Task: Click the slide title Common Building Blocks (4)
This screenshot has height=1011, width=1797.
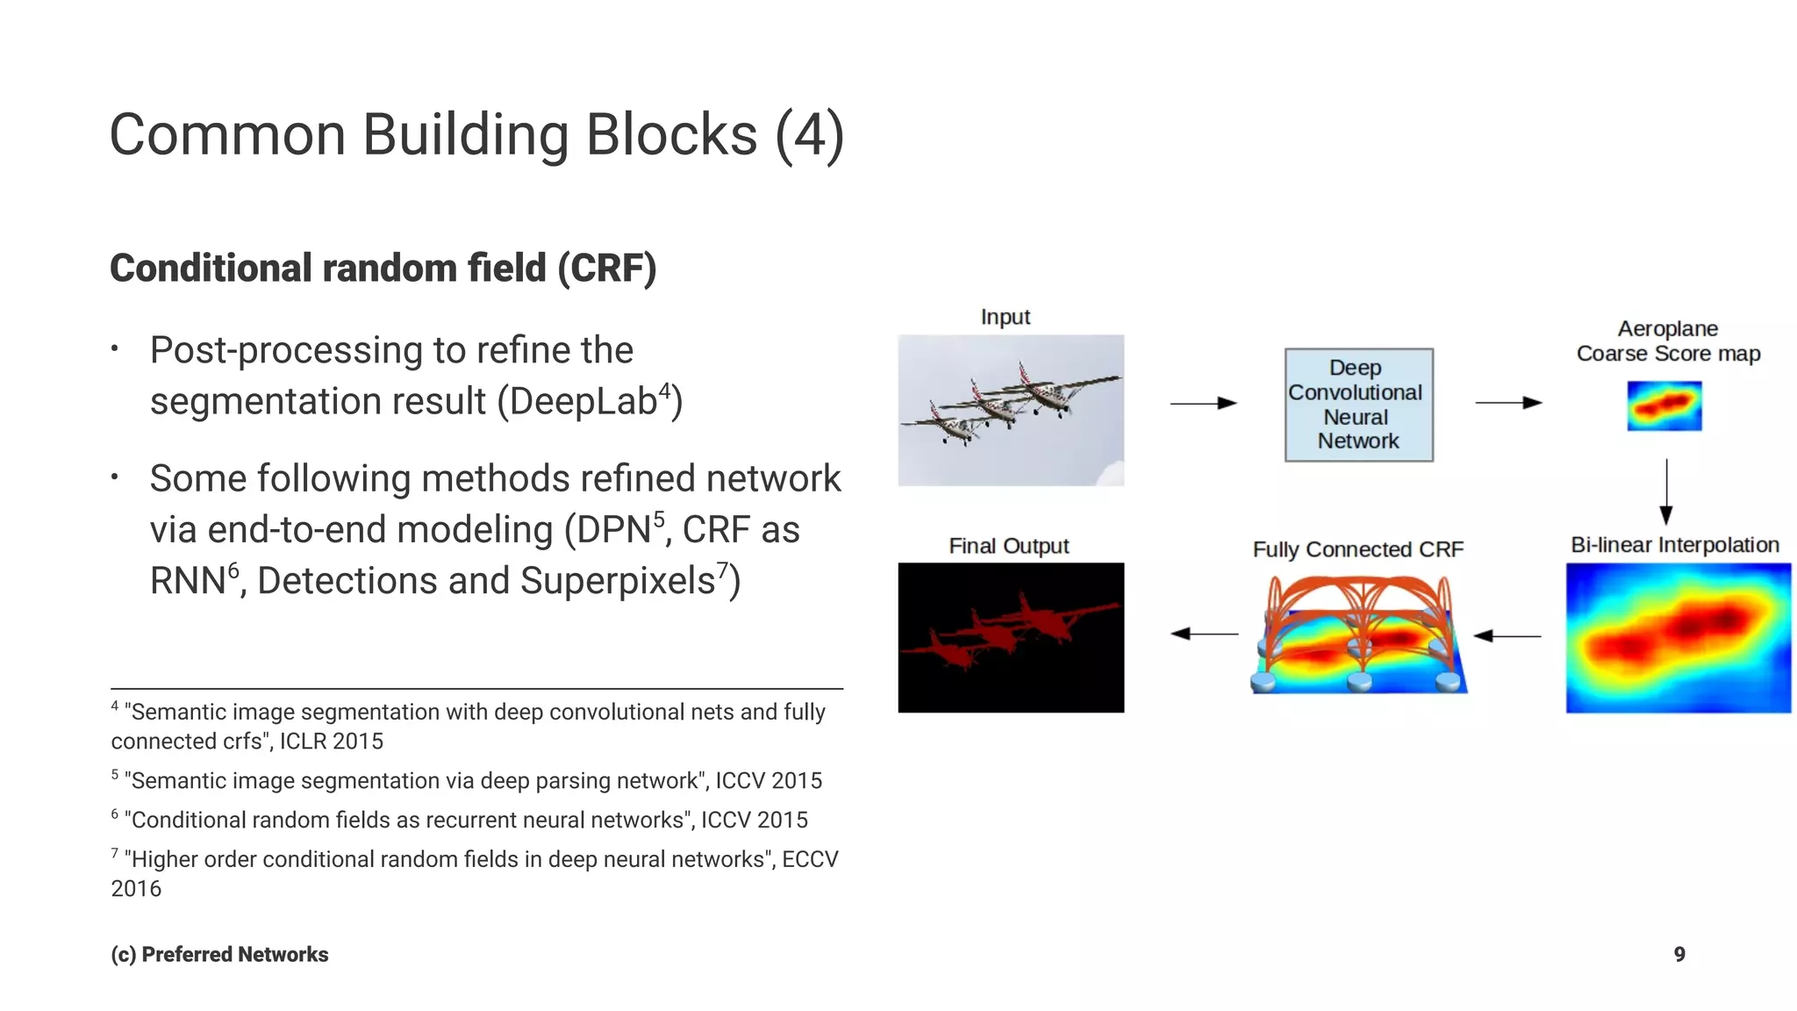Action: tap(476, 135)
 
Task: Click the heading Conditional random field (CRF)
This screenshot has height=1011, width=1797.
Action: tap(383, 269)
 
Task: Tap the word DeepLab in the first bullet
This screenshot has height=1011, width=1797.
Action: tap(582, 402)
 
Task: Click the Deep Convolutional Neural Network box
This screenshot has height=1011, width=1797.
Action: tap(1358, 405)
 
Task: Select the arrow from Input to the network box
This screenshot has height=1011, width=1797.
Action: tap(1203, 403)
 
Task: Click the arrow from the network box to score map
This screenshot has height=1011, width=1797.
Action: tap(1508, 403)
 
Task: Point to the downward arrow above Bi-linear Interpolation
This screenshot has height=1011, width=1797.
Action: tap(1666, 491)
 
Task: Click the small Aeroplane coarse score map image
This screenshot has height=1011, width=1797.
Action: tap(1664, 405)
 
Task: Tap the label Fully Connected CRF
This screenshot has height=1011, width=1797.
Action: tap(1357, 549)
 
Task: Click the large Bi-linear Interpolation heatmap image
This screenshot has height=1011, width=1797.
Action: tap(1678, 638)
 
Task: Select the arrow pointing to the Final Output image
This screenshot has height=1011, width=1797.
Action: tap(1204, 634)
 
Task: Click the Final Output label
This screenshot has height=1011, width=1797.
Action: tap(1009, 546)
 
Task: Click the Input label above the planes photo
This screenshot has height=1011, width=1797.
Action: tap(1005, 317)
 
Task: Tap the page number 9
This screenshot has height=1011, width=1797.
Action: tap(1679, 954)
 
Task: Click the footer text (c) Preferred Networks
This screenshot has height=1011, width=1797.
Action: tap(219, 954)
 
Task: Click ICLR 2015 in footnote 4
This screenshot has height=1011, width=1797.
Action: tap(331, 742)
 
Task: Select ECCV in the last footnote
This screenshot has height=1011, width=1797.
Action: tap(809, 859)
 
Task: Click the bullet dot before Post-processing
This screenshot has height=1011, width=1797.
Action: tap(115, 349)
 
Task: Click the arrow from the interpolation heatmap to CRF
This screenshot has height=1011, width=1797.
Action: tap(1507, 635)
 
